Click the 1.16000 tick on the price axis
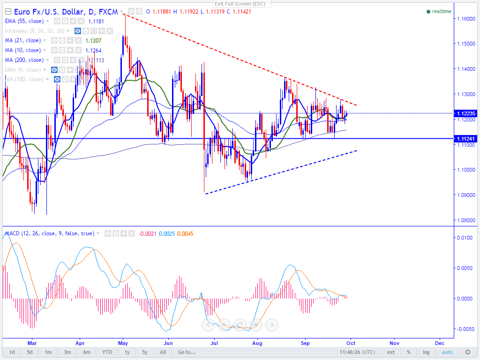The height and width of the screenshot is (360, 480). pos(465,19)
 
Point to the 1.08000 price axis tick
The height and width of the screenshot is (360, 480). pos(465,220)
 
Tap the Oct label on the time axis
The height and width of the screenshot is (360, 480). pos(351,343)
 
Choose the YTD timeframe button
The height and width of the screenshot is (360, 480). pos(107,352)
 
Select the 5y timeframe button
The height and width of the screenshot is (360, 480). pos(145,352)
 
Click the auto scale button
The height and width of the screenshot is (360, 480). pos(447,352)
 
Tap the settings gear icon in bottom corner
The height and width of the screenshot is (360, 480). pos(467,352)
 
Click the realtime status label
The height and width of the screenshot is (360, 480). pos(441,11)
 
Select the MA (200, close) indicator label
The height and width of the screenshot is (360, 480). pos(24,60)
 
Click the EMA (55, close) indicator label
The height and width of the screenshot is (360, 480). pos(24,21)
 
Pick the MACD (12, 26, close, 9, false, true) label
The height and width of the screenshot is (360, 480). pos(49,233)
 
